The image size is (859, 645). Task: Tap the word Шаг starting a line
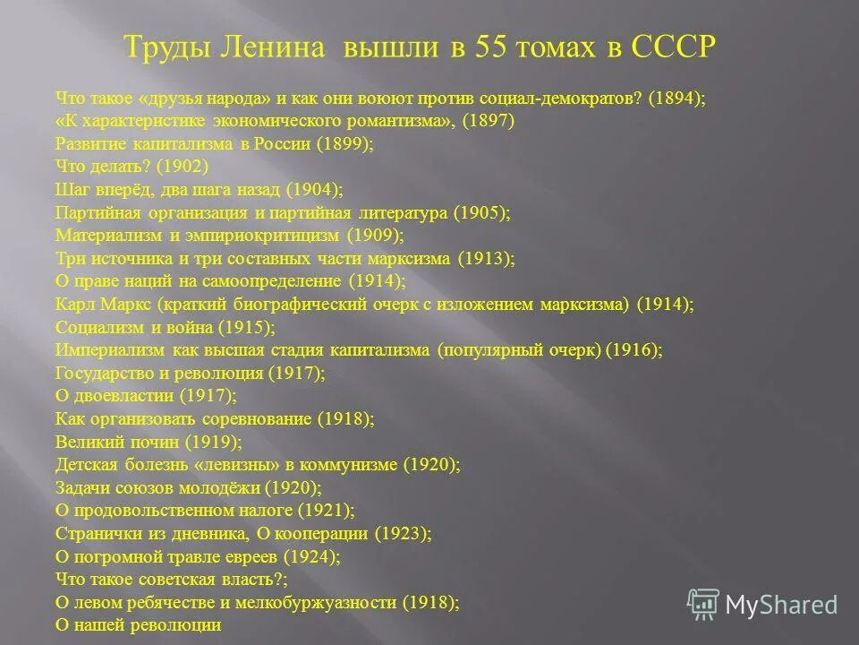72,190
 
